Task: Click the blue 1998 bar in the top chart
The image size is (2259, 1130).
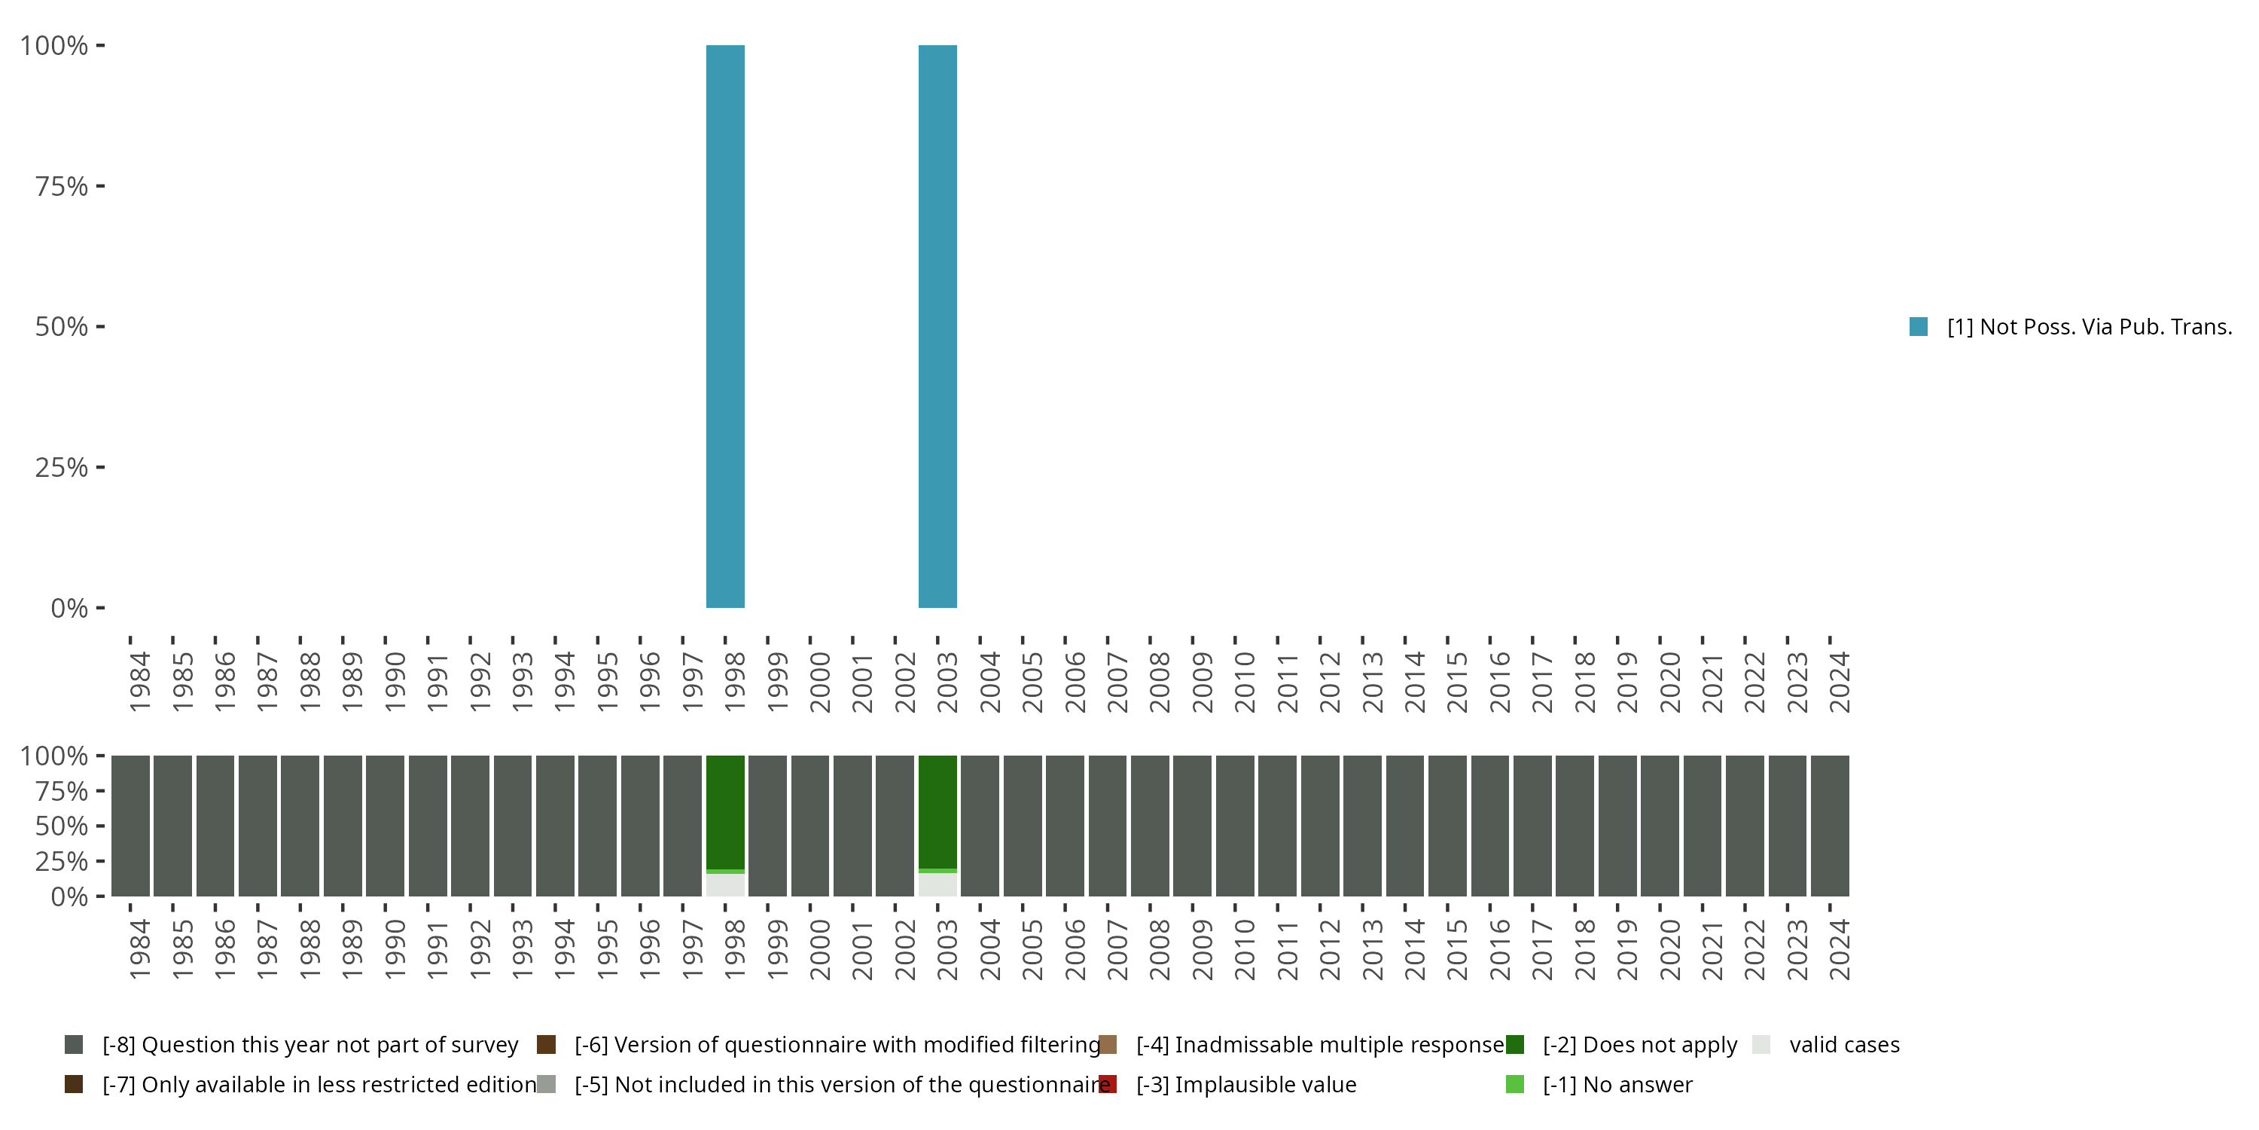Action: pyautogui.click(x=725, y=326)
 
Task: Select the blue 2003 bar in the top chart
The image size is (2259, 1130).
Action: pyautogui.click(x=937, y=326)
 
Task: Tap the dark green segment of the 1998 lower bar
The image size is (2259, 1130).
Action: pyautogui.click(x=725, y=811)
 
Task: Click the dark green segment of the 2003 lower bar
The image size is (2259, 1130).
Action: pyautogui.click(x=937, y=811)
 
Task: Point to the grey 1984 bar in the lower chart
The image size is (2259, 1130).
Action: pyautogui.click(x=130, y=826)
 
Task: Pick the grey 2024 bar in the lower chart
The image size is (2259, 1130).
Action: pyautogui.click(x=1831, y=826)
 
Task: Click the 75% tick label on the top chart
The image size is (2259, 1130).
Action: pyautogui.click(x=62, y=187)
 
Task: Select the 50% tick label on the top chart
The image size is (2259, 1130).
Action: pyautogui.click(x=62, y=327)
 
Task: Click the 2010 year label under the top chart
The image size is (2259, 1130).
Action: pyautogui.click(x=1245, y=682)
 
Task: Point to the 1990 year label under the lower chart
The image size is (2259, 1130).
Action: pyautogui.click(x=395, y=949)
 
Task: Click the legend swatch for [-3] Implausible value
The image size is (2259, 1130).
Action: pyautogui.click(x=1108, y=1084)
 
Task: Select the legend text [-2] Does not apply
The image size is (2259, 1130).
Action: pyautogui.click(x=1640, y=1045)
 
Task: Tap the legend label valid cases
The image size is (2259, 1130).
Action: pyautogui.click(x=1844, y=1045)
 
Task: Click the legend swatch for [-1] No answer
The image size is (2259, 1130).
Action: pyautogui.click(x=1514, y=1084)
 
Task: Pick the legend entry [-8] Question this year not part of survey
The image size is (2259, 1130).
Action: pyautogui.click(x=309, y=1045)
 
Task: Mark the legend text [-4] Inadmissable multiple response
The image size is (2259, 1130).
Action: pyautogui.click(x=1320, y=1045)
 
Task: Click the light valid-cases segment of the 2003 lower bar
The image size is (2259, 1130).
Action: pyautogui.click(x=937, y=884)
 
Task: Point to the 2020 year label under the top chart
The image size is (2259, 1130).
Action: pyautogui.click(x=1669, y=682)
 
